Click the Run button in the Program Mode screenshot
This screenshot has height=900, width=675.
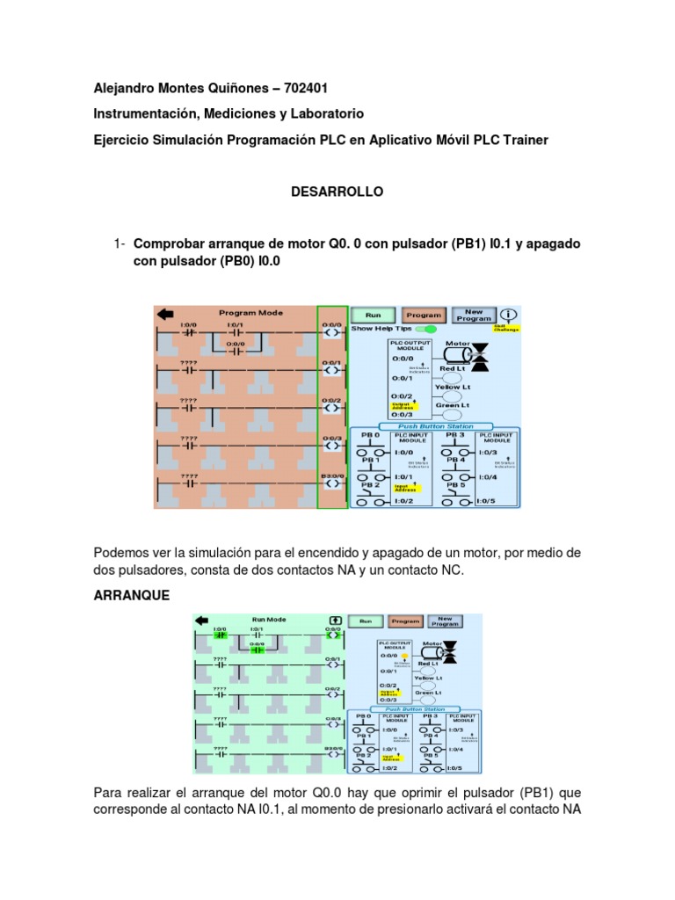(373, 315)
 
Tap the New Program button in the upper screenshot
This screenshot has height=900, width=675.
(473, 315)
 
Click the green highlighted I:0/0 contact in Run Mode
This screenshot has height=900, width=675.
(220, 635)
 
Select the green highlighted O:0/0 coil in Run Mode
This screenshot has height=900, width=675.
(333, 635)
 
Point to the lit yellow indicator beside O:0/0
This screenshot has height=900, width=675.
(404, 656)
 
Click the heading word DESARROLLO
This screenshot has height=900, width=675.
(337, 192)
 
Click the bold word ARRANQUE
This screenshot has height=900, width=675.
(131, 595)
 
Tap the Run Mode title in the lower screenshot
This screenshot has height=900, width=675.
(270, 619)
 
